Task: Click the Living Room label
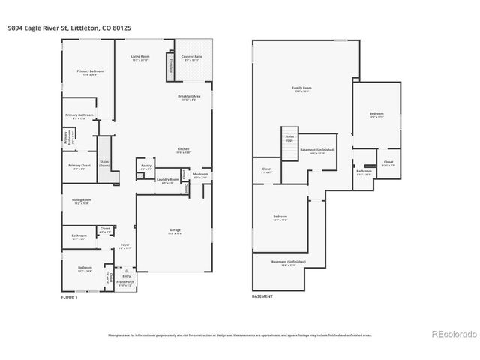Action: point(140,56)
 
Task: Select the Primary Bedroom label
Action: point(90,71)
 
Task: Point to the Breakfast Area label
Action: point(188,96)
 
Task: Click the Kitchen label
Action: point(183,149)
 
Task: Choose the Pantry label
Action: point(145,167)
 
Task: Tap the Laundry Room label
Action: point(166,180)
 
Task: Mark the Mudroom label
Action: point(201,175)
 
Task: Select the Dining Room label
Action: point(82,199)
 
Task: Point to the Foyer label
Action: point(125,244)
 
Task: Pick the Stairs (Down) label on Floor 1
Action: point(104,163)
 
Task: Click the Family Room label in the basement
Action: point(301,88)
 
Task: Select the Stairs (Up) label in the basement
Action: point(289,139)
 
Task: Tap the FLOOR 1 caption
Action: point(69,297)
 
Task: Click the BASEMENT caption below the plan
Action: point(262,297)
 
